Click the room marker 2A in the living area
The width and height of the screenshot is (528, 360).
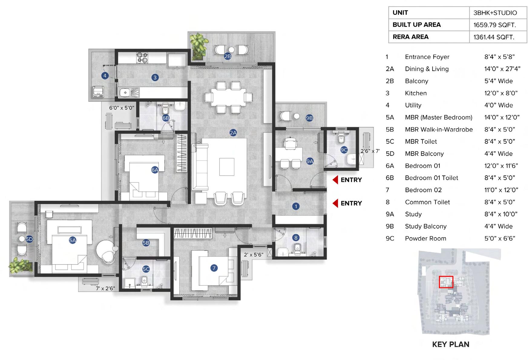click(233, 133)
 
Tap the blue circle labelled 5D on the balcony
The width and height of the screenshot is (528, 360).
click(29, 239)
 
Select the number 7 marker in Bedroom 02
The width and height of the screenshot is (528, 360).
click(214, 268)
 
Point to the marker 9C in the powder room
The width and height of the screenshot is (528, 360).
click(344, 150)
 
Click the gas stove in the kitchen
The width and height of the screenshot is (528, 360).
click(142, 58)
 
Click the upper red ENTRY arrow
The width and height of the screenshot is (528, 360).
click(335, 180)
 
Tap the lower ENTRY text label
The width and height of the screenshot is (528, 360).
click(351, 203)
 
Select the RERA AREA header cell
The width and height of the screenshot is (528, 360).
click(410, 37)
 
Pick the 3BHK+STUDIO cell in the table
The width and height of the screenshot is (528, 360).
click(495, 13)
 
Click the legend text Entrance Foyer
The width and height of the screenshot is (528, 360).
click(427, 57)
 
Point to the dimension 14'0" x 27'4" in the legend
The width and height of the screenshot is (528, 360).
click(502, 69)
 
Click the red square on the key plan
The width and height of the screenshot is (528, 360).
click(446, 282)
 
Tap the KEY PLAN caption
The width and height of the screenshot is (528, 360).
click(451, 344)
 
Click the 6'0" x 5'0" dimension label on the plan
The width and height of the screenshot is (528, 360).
click(122, 108)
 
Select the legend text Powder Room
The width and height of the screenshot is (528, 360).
click(425, 239)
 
